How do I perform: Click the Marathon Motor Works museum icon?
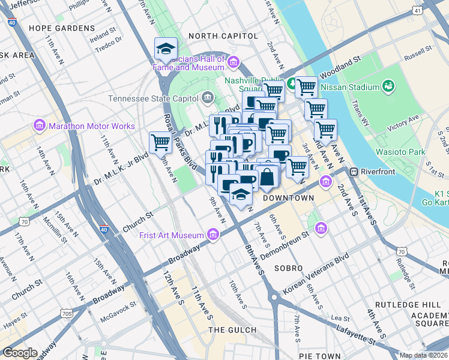pos(40,126)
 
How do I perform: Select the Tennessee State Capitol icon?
pos(208,97)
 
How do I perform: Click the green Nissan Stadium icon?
pos(389,87)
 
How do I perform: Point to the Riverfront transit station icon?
pos(354,172)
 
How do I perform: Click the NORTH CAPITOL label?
pos(223,36)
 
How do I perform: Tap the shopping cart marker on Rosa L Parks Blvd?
pos(160,142)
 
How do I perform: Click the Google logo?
pos(20,353)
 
